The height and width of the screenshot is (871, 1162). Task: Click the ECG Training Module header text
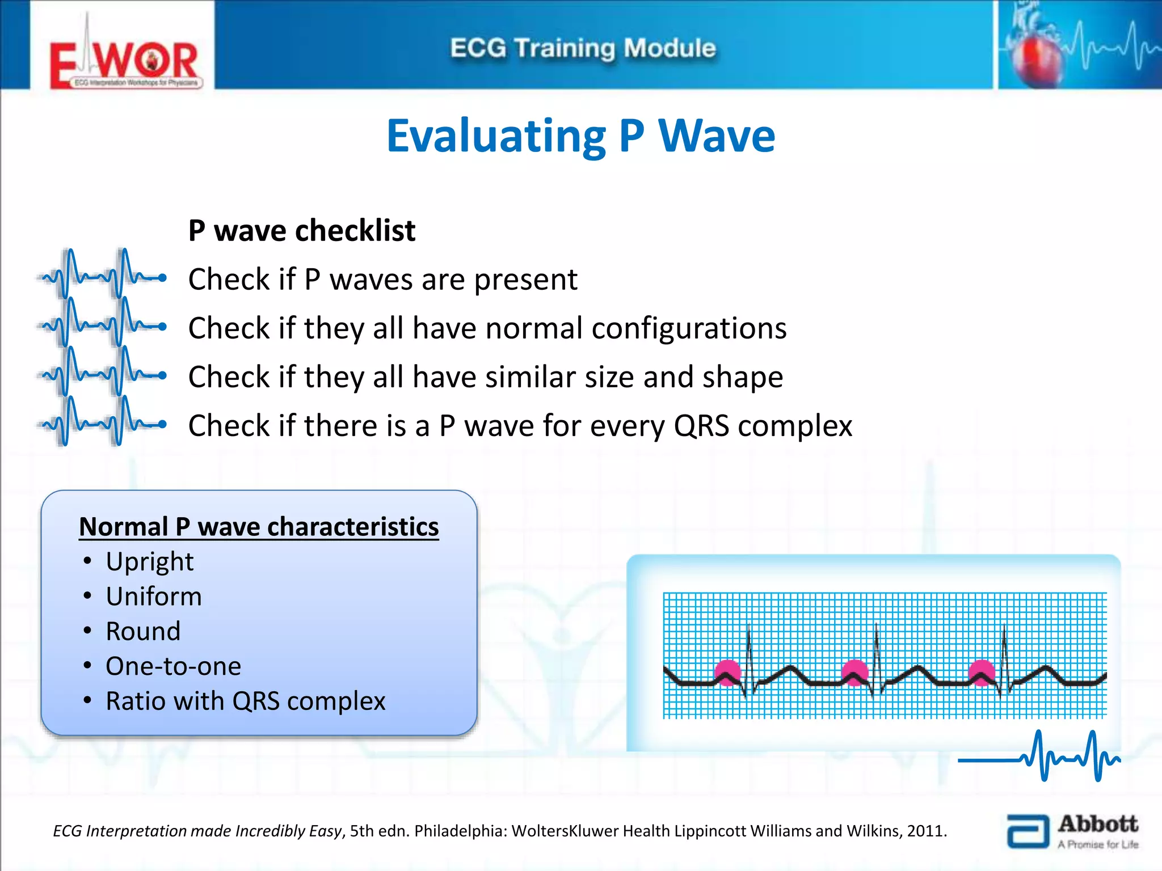pyautogui.click(x=583, y=48)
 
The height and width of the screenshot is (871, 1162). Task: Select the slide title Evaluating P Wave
pyautogui.click(x=580, y=136)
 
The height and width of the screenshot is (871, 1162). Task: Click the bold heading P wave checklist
pyautogui.click(x=302, y=231)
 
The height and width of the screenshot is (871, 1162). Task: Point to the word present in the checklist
pyautogui.click(x=525, y=280)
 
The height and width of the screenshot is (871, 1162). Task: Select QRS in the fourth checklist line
pyautogui.click(x=701, y=426)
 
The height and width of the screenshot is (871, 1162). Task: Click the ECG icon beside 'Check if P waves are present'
pyautogui.click(x=102, y=276)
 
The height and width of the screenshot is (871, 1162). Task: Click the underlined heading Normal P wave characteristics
pyautogui.click(x=259, y=527)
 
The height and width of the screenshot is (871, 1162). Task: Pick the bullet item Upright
pyautogui.click(x=150, y=562)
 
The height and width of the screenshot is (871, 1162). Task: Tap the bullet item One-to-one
pyautogui.click(x=173, y=666)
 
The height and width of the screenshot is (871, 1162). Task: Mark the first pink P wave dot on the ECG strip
pyautogui.click(x=727, y=673)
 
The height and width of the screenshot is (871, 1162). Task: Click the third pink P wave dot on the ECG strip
pyautogui.click(x=982, y=673)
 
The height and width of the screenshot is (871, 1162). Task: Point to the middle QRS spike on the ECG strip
pyautogui.click(x=877, y=652)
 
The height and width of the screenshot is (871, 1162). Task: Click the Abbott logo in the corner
pyautogui.click(x=1072, y=831)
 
